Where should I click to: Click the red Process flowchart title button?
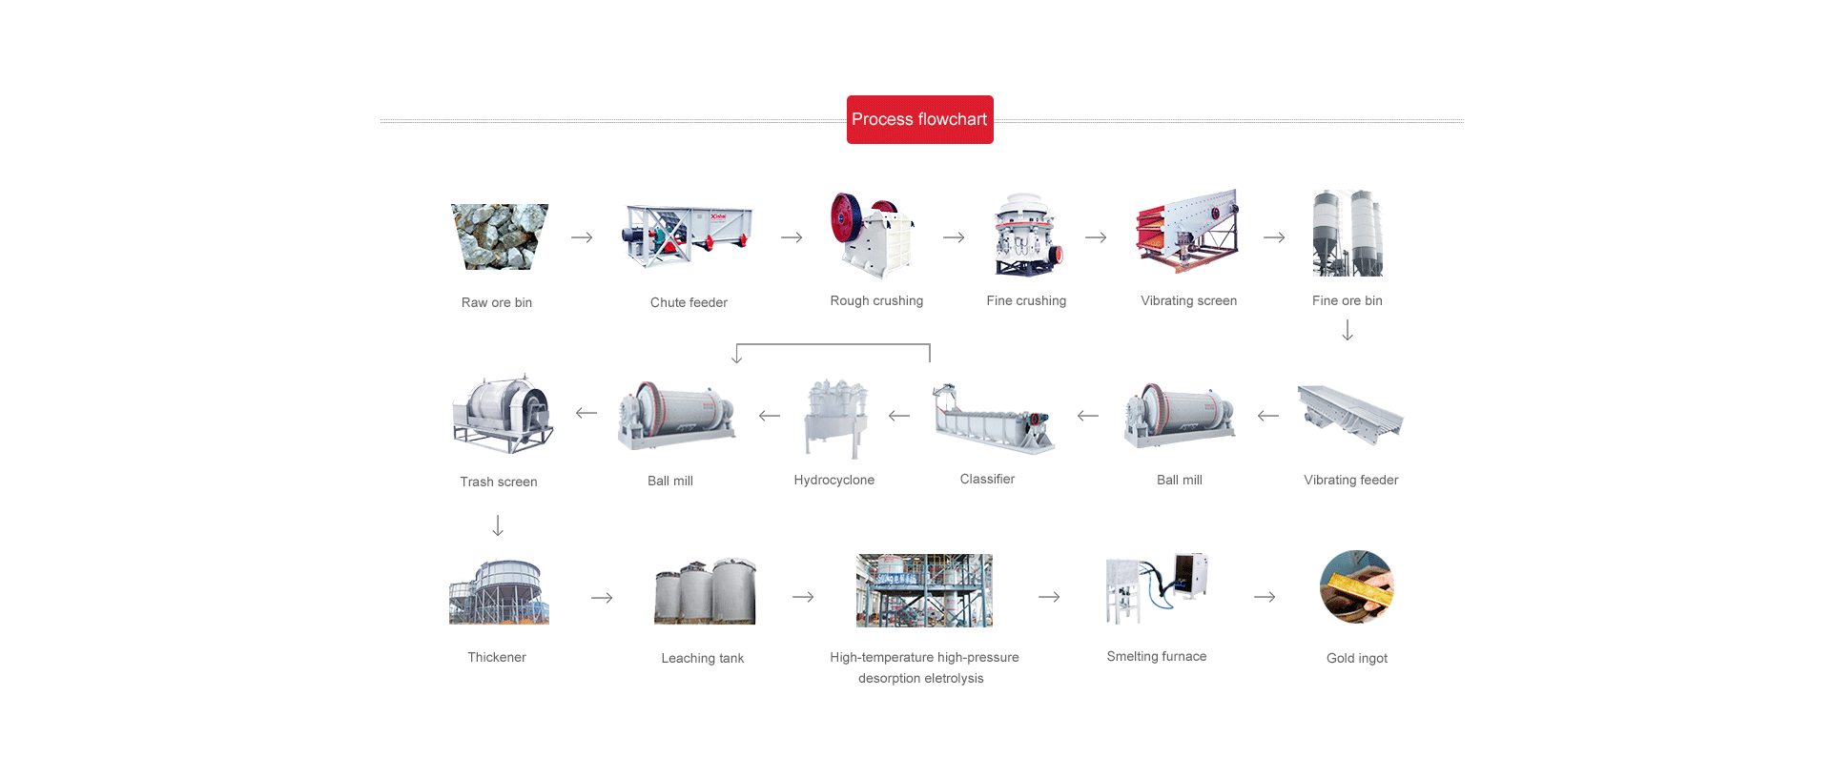click(x=919, y=119)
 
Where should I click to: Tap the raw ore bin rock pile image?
click(x=499, y=236)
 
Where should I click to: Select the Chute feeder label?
click(x=689, y=302)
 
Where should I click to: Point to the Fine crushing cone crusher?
click(x=1026, y=235)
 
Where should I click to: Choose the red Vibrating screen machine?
click(x=1187, y=232)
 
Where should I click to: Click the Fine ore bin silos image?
click(x=1347, y=234)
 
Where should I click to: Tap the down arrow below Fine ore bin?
click(x=1348, y=331)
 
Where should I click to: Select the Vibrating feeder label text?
click(x=1350, y=480)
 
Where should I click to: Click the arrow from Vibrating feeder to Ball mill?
click(x=1268, y=416)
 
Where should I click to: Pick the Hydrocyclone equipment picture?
click(x=835, y=418)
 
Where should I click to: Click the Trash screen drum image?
click(x=502, y=414)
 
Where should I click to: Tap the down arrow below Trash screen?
click(x=498, y=525)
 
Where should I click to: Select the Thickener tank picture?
click(x=499, y=592)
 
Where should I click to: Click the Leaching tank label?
click(x=702, y=658)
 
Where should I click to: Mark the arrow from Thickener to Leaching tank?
click(x=602, y=598)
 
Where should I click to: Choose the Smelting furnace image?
click(x=1157, y=586)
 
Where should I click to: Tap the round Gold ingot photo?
click(x=1356, y=586)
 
